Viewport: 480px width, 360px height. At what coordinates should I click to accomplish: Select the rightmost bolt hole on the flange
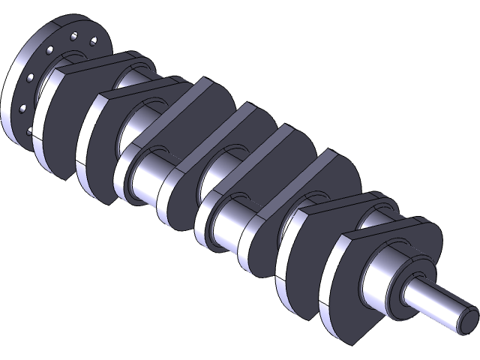pyautogui.click(x=93, y=41)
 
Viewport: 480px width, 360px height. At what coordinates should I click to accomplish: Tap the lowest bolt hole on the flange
pyautogui.click(x=29, y=131)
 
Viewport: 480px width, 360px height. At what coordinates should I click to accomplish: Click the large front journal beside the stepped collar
pyautogui.click(x=382, y=285)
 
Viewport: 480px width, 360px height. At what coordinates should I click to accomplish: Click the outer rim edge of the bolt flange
pyautogui.click(x=9, y=97)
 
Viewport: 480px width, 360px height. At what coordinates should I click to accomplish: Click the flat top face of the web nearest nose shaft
pyautogui.click(x=382, y=229)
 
